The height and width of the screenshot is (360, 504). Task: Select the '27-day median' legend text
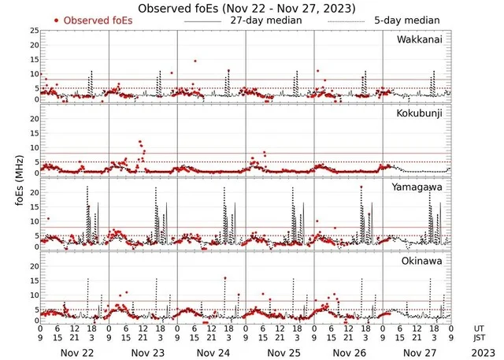click(x=265, y=19)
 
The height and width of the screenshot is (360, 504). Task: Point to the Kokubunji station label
click(x=424, y=113)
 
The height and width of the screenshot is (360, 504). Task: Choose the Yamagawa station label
click(x=423, y=187)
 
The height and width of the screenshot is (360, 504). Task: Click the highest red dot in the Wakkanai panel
click(x=195, y=61)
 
